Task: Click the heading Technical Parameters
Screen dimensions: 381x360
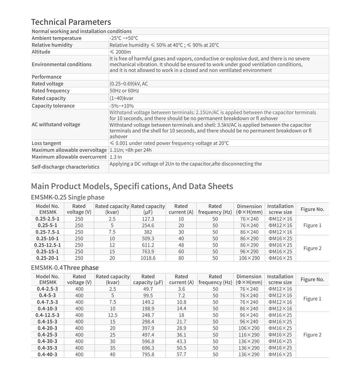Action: coord(71,22)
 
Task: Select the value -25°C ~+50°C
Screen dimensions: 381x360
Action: coord(124,38)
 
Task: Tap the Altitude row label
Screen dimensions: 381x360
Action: coord(41,52)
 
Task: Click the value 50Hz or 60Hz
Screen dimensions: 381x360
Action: coord(124,91)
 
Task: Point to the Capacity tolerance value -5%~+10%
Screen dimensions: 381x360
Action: coord(121,106)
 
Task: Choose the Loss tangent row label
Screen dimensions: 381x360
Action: coord(46,143)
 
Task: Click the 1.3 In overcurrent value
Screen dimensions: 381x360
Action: coord(116,157)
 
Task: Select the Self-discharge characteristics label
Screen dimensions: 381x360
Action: coord(66,167)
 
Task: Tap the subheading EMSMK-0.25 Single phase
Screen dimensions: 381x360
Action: coord(68,197)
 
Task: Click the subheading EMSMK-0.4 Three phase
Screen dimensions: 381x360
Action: coord(65,268)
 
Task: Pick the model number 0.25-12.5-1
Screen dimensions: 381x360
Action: coord(48,245)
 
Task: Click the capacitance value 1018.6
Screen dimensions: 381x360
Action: coord(148,258)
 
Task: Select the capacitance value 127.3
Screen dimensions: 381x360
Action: coord(148,219)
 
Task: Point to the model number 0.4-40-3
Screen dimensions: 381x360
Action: coord(48,354)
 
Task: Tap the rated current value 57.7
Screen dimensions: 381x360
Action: coord(181,354)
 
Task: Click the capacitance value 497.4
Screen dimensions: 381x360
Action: coord(148,335)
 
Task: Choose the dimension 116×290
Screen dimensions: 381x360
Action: coord(249,335)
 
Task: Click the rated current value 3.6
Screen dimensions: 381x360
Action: coord(181,289)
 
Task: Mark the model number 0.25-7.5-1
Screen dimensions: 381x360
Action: coord(48,232)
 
